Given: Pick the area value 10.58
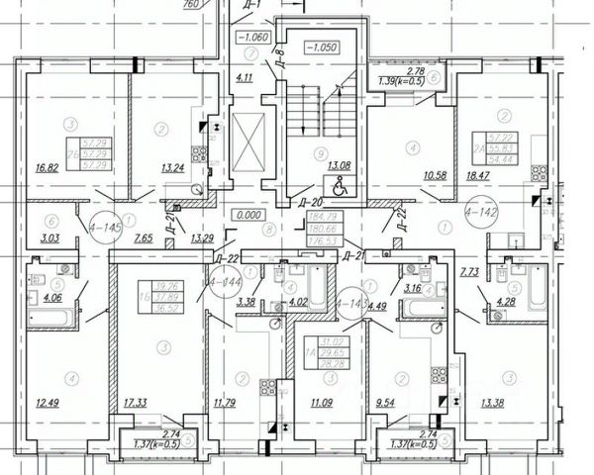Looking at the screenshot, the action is click(409, 176).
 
